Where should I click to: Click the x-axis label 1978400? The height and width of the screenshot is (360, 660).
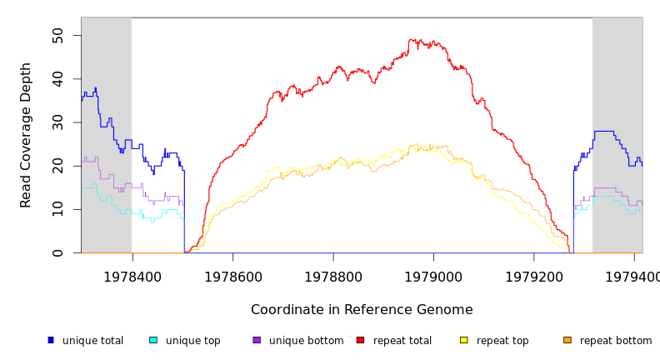(132, 277)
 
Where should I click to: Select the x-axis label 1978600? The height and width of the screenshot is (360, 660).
(232, 277)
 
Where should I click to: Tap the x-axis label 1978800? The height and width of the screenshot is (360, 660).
(333, 277)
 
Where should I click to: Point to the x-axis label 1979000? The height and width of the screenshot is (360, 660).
(433, 277)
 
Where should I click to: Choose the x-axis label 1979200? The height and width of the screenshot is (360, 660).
(533, 277)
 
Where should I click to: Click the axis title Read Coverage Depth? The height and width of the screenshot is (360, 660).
(27, 135)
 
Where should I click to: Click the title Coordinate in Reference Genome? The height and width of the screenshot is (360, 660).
(362, 310)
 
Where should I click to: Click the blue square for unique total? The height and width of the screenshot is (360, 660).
(51, 340)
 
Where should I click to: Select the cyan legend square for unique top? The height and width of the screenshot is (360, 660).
(153, 340)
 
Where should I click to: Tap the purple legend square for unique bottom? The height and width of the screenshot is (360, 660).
(257, 340)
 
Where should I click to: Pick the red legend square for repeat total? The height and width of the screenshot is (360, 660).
(360, 340)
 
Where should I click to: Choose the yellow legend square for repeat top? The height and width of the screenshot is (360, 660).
(464, 340)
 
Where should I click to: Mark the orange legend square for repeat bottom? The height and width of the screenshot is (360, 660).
(567, 340)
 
